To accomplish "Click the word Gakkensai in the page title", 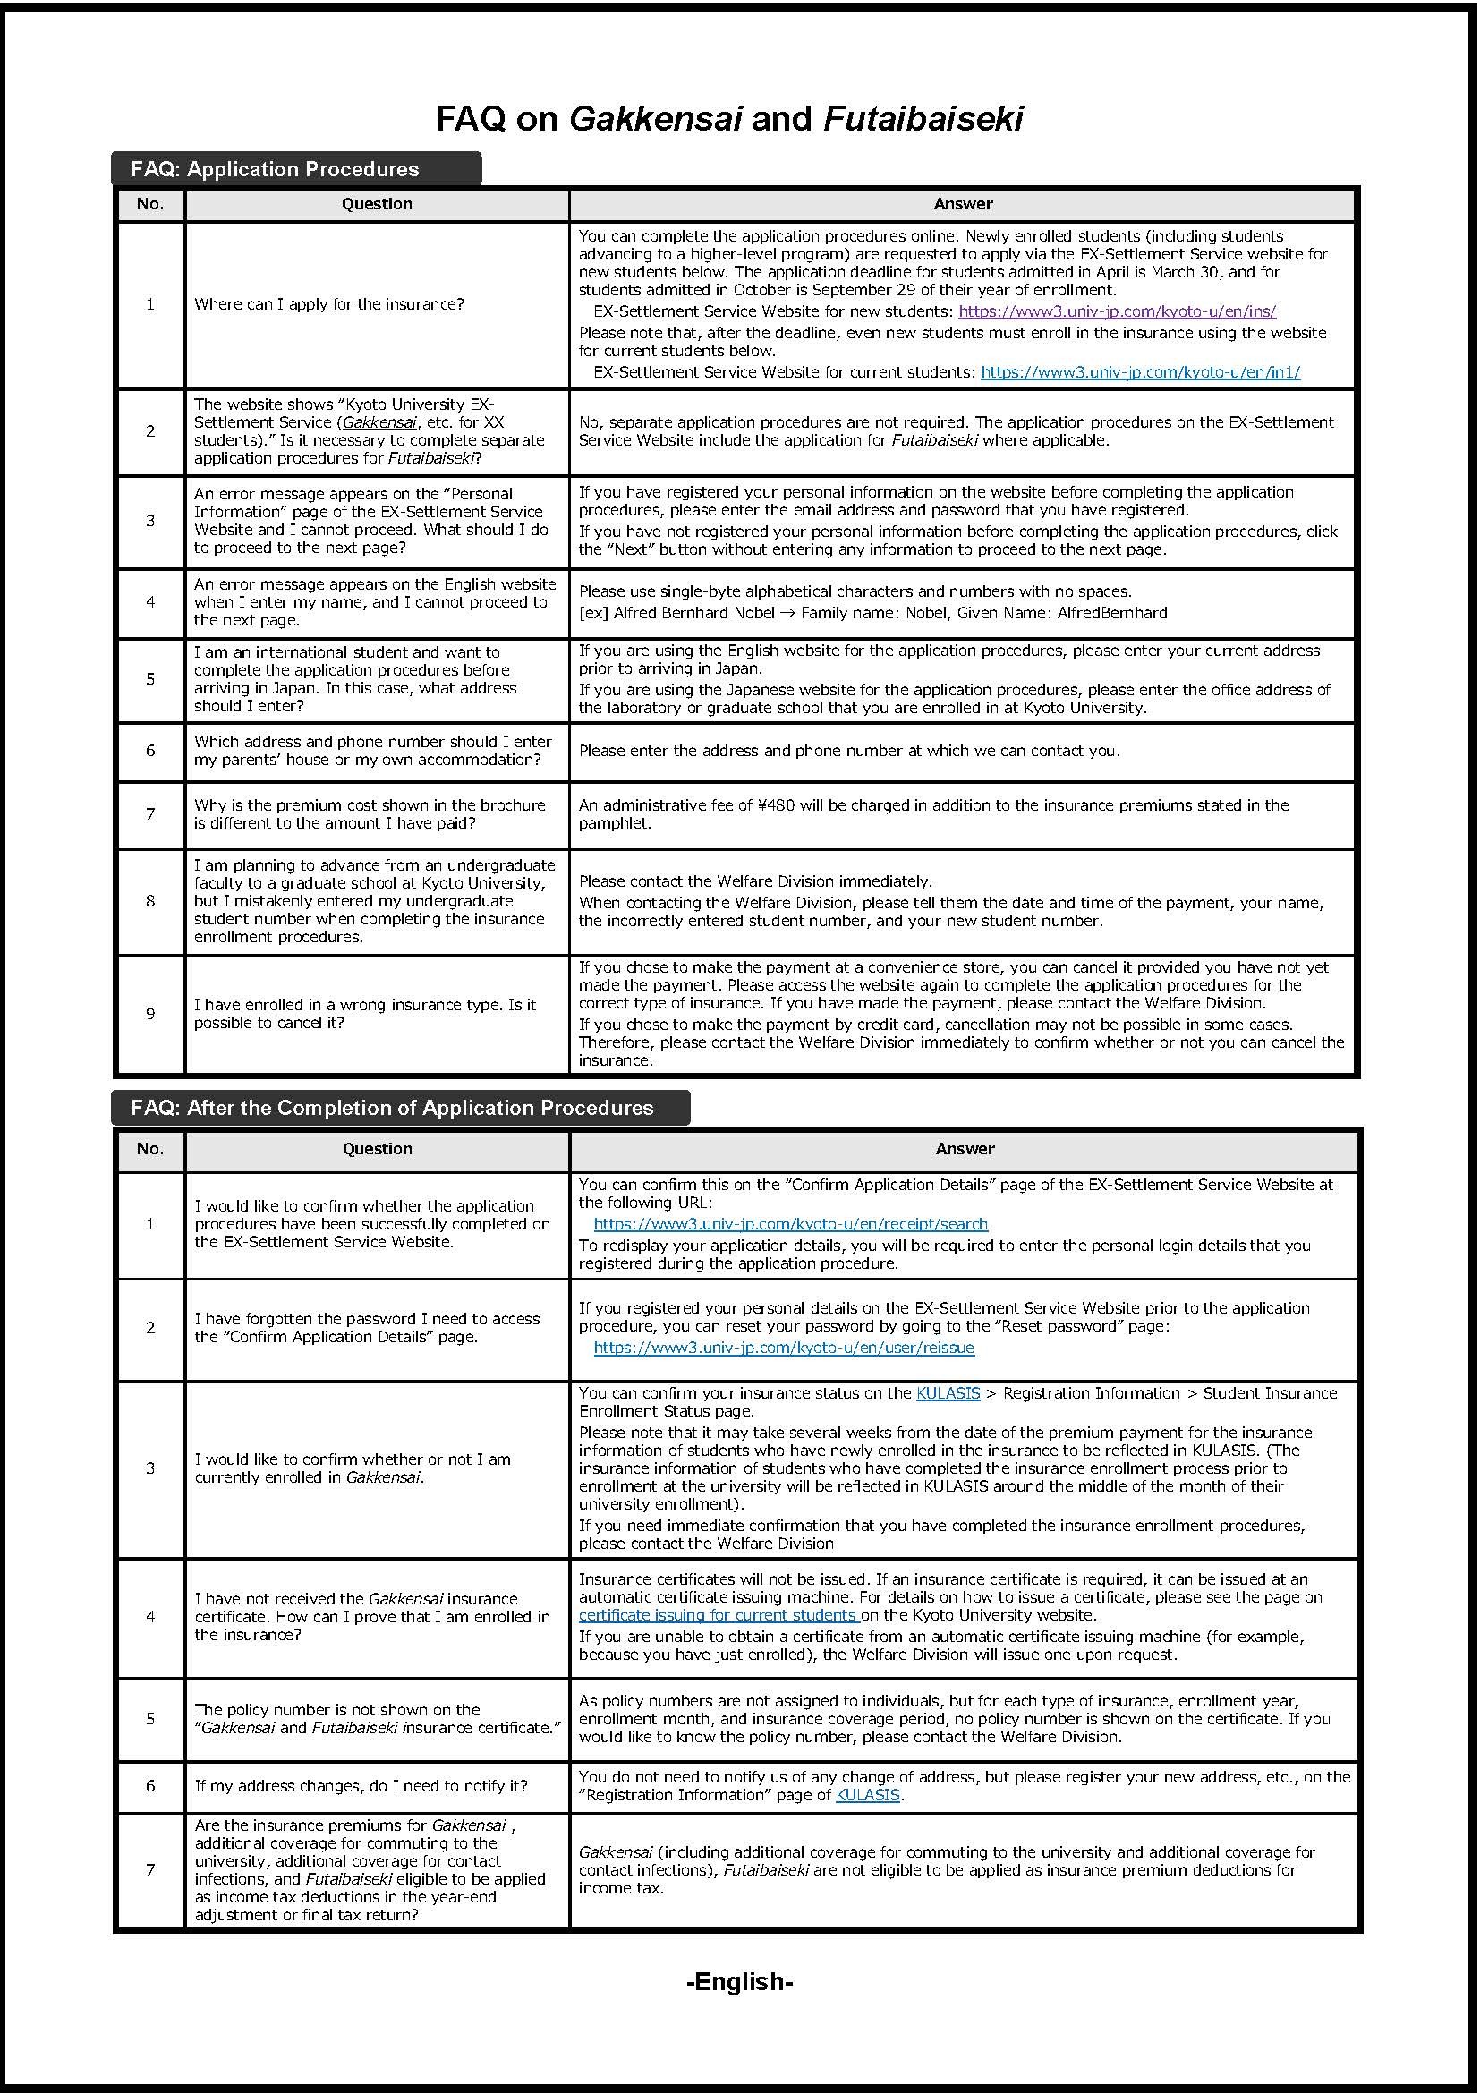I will [x=655, y=118].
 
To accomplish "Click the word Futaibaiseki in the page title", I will [x=923, y=118].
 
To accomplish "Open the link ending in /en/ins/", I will [x=1117, y=311].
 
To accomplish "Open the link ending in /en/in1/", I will [x=1140, y=372].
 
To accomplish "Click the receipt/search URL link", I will [x=790, y=1224].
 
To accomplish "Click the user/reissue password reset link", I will [x=784, y=1348].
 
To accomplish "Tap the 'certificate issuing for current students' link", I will [x=719, y=1615].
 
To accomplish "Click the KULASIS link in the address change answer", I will [x=867, y=1795].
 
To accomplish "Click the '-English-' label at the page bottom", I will [x=739, y=1982].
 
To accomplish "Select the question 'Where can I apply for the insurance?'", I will [x=329, y=304].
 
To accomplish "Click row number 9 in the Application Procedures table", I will [x=150, y=1014].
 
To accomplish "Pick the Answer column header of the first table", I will [x=964, y=204].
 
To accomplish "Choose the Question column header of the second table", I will [x=378, y=1149].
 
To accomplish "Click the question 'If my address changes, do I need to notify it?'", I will [x=361, y=1786].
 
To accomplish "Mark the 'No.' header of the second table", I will [x=150, y=1149].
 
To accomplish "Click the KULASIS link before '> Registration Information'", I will [x=948, y=1393].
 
